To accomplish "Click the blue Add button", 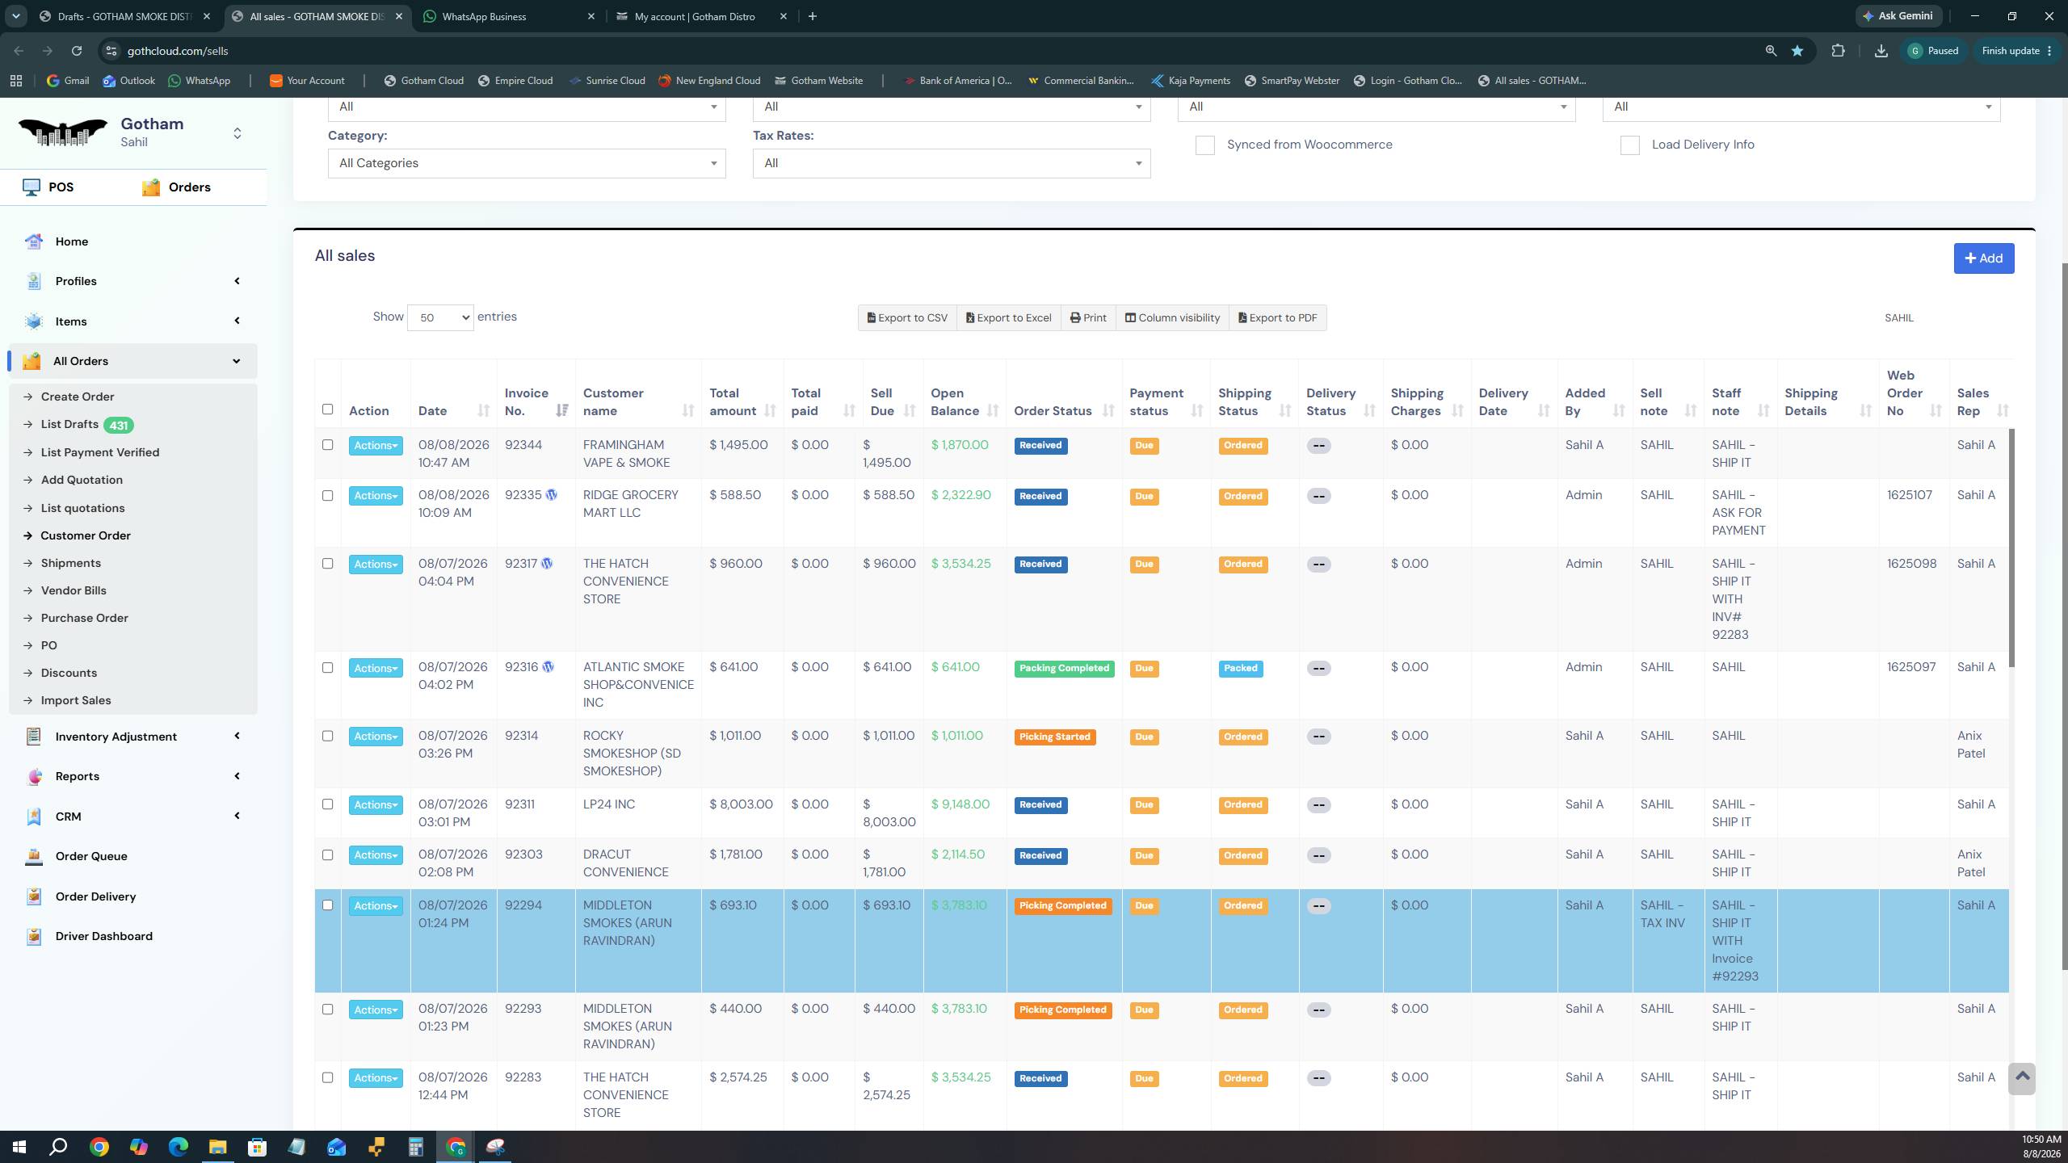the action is coord(1983,258).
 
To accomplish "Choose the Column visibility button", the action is coord(1172,317).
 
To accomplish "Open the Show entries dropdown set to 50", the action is coord(440,317).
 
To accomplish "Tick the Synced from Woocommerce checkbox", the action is coord(1204,145).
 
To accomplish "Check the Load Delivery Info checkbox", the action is coord(1629,145).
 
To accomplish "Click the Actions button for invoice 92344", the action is coord(376,446).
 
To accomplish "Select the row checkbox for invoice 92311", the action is coord(327,804).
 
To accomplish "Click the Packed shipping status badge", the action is coord(1240,669).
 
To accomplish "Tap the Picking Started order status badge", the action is coord(1054,737).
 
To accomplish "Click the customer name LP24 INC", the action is coord(609,804).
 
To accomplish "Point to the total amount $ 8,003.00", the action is coord(741,804).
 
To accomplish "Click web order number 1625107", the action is coord(1910,495).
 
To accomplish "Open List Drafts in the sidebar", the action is coord(69,425).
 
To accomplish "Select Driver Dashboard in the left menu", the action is coord(103,936).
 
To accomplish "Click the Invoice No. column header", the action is coord(527,402).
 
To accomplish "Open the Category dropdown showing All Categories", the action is coord(526,163).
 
